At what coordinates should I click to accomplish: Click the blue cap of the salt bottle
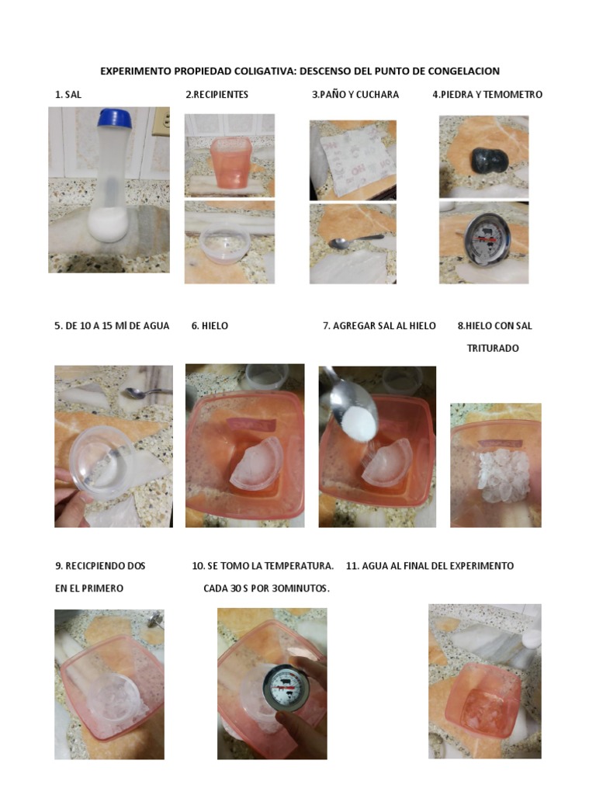tap(116, 118)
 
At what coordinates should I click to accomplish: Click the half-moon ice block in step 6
tap(257, 464)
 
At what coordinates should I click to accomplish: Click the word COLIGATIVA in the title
tap(264, 71)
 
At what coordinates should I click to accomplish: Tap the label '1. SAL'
tap(68, 94)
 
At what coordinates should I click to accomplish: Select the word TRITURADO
tap(493, 349)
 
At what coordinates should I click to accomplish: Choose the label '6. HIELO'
tap(210, 326)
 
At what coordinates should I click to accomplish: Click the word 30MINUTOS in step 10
tap(300, 588)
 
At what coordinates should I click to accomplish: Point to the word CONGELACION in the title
tap(464, 71)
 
